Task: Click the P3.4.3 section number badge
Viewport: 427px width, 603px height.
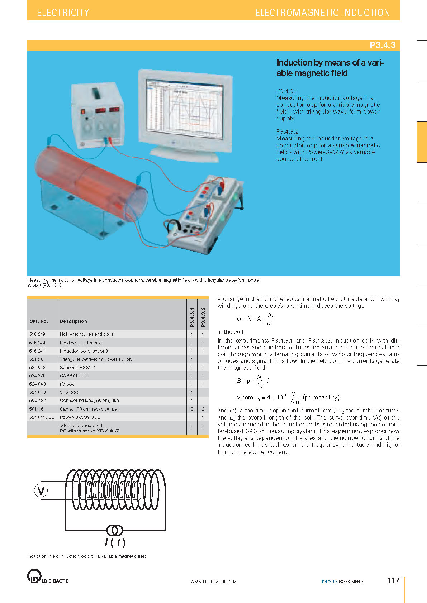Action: [x=382, y=45]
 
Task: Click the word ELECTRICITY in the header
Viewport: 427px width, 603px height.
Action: [x=63, y=13]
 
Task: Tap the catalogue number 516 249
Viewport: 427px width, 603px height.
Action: [x=37, y=334]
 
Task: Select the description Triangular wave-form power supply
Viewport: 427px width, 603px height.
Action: [x=96, y=359]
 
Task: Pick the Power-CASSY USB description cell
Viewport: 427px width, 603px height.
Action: [x=80, y=417]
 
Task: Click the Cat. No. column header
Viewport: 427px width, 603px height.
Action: [x=39, y=321]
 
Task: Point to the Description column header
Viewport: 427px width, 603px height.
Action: [x=73, y=321]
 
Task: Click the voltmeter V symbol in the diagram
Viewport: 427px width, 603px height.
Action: [x=41, y=491]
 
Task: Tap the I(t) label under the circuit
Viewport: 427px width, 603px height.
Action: [x=115, y=542]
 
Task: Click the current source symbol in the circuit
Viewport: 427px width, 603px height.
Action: [x=115, y=530]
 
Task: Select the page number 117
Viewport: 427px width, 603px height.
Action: [x=393, y=580]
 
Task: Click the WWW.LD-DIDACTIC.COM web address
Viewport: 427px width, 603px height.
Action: [x=213, y=582]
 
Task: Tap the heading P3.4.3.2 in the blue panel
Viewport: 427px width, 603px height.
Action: [x=287, y=132]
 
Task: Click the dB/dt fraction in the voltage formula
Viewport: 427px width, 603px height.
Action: [x=270, y=319]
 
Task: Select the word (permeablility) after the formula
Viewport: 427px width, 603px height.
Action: [x=321, y=398]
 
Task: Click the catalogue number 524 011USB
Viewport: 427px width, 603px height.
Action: [x=42, y=417]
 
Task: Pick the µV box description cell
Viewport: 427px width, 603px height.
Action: [x=67, y=384]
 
